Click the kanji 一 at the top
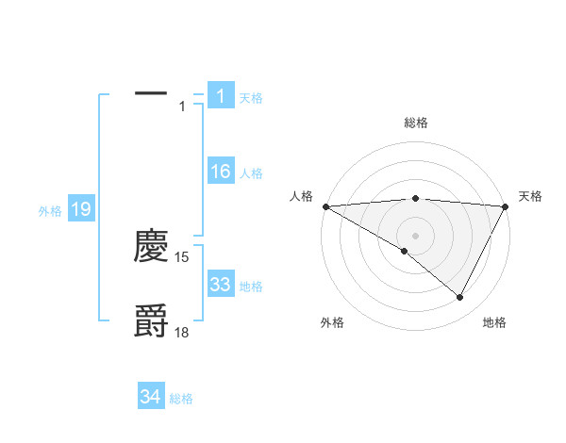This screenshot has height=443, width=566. point(151,93)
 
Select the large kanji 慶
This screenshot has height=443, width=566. point(151,247)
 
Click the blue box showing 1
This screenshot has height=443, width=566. point(220,95)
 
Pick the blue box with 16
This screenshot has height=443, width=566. point(220,172)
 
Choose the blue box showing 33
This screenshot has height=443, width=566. point(220,285)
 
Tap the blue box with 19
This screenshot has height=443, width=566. point(80,209)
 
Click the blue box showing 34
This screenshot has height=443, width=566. point(150,397)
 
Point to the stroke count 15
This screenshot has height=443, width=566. point(182,256)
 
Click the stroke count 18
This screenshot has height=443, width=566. point(182,331)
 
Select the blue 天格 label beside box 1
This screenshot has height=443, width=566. point(251,97)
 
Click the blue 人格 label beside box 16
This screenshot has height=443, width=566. point(251,173)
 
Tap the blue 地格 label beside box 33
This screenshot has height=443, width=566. point(251,287)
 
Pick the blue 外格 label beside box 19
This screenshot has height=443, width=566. point(50,211)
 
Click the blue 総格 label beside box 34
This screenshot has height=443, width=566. point(181,399)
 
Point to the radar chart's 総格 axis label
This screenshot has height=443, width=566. point(415,123)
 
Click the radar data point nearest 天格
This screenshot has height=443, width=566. point(506,206)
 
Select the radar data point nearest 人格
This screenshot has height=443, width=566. point(325,206)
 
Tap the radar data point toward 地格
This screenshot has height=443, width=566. point(460,297)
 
